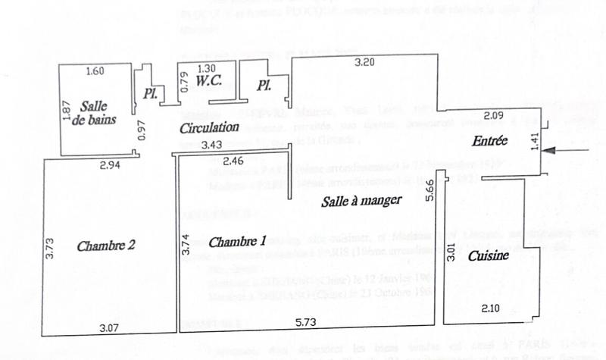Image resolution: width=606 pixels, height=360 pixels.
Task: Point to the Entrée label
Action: pos(488,141)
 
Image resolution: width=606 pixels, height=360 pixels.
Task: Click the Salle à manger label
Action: pos(361,200)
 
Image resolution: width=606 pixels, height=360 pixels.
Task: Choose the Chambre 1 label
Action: pos(236,243)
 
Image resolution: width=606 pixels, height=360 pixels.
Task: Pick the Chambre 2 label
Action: pos(106,246)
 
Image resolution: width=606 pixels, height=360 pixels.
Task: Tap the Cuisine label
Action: pos(487,257)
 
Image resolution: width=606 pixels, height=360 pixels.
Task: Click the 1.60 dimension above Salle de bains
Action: pos(95,72)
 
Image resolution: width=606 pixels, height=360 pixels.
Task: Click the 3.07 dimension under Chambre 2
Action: pos(111,328)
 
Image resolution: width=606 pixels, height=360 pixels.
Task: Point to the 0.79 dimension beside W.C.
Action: pos(184,82)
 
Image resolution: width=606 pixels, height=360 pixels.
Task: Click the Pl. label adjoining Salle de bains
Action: pos(149,94)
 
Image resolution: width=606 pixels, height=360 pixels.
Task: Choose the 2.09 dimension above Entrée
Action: pos(473,116)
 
